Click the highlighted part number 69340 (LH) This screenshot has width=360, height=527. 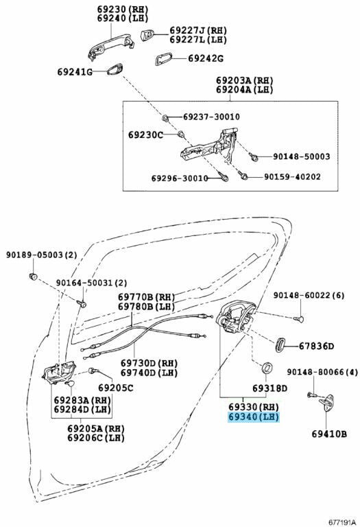(x=254, y=417)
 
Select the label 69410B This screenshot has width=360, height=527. (x=329, y=434)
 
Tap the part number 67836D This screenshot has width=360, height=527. (x=316, y=346)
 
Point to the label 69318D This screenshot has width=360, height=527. (x=270, y=388)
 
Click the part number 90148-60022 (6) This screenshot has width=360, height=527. (x=309, y=296)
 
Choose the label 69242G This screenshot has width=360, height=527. (x=206, y=58)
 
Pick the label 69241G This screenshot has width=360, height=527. (x=75, y=72)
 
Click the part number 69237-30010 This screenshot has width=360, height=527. (x=212, y=117)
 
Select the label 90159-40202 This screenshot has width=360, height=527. (x=292, y=176)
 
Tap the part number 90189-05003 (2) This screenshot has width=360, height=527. (x=41, y=255)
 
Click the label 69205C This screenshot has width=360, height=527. (x=116, y=388)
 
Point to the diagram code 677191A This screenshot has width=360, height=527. (x=342, y=522)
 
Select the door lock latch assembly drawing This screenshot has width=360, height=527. (x=236, y=318)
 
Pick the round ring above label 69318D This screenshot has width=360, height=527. (x=267, y=367)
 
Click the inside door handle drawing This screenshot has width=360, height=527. (x=59, y=373)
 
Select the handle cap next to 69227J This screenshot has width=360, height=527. (x=147, y=34)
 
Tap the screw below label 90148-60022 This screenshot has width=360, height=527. (x=298, y=318)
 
